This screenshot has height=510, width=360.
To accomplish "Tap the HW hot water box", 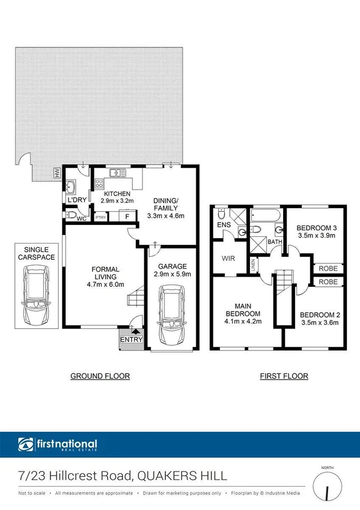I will tap(57, 174).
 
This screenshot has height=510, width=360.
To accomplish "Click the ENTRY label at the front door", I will tap(132, 340).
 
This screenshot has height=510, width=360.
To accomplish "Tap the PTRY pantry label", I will tap(100, 217).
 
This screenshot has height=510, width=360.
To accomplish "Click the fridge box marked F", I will tap(127, 217).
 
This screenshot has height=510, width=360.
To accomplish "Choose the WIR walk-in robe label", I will tap(228, 258).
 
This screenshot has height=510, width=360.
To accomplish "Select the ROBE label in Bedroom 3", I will tap(328, 269).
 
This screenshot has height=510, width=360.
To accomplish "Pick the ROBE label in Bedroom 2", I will tap(328, 281).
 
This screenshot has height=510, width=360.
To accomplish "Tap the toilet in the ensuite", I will tap(222, 214).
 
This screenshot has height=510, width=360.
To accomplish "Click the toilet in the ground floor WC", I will tap(72, 215).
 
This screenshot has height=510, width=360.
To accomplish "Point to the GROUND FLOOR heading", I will tap(100, 376).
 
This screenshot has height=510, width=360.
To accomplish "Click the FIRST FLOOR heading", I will tap(284, 376).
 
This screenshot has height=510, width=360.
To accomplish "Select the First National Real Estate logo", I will tap(58, 446).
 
